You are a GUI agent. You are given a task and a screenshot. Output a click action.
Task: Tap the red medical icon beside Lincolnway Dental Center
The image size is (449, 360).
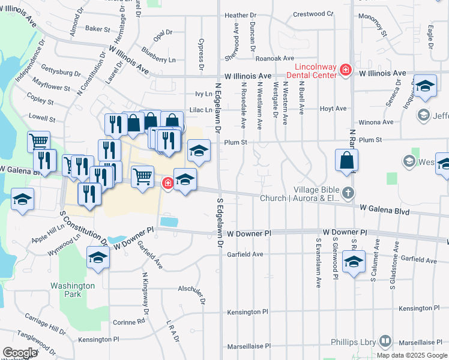click(x=345, y=70)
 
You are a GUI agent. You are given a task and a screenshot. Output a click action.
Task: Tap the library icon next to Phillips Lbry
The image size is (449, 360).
click(x=384, y=342)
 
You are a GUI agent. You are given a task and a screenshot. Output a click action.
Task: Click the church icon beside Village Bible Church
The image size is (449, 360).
click(x=348, y=193)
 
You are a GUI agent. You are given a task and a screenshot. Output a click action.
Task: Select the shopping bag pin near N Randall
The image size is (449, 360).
click(x=347, y=161)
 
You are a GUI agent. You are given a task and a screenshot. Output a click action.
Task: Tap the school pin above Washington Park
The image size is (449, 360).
click(x=98, y=258)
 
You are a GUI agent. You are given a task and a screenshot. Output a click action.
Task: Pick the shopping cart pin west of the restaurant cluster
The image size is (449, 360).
click(x=38, y=142)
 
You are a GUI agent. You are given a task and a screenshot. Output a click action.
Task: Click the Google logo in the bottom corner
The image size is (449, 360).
click(x=20, y=353)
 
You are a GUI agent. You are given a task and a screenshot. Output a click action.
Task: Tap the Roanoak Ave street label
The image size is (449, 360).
click(x=274, y=58)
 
